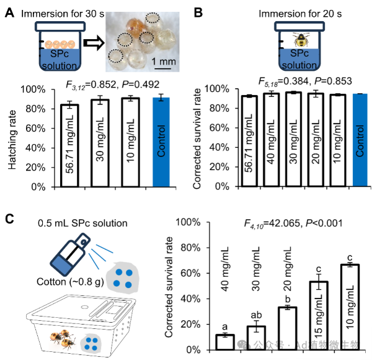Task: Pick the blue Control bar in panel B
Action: [x=360, y=140]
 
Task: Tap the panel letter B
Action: [x=198, y=11]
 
